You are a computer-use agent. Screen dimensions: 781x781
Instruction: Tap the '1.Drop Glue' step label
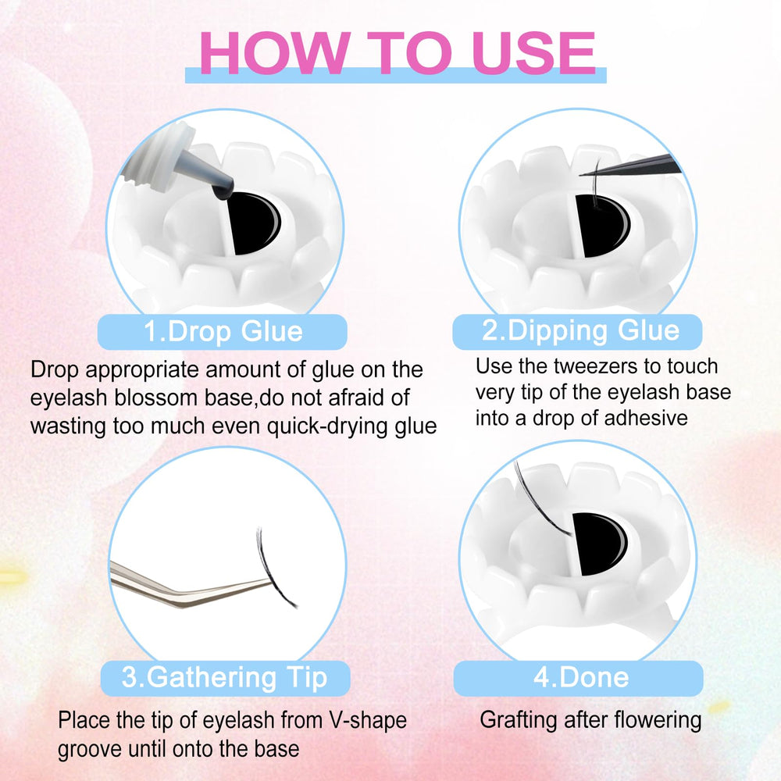coord(223,332)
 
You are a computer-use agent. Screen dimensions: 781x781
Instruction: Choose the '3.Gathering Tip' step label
coord(225,678)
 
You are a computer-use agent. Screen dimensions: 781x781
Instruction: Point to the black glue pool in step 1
coord(253,223)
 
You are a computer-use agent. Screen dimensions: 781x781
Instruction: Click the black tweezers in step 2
coord(633,166)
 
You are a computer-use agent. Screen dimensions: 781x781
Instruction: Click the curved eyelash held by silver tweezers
coord(273,568)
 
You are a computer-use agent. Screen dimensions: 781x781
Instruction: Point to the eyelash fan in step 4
coord(540,498)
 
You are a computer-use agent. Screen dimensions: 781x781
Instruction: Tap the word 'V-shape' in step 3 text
coord(368,721)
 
